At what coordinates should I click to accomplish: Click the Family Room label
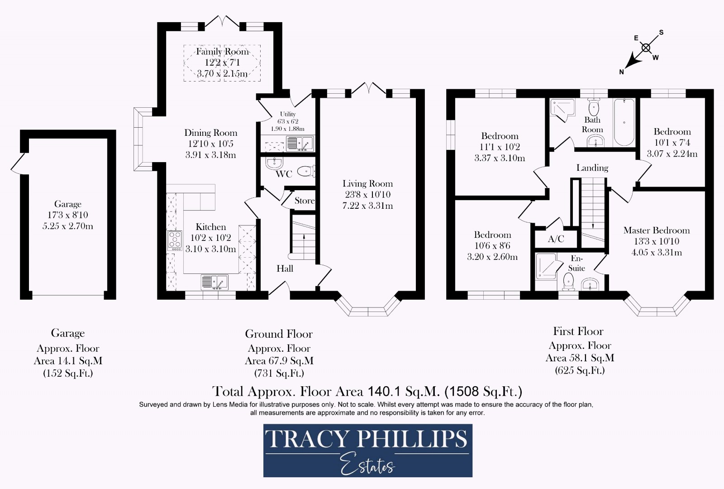pyautogui.click(x=222, y=52)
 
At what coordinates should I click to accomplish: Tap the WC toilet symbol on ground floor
pyautogui.click(x=307, y=171)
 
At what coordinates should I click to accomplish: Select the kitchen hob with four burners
pyautogui.click(x=175, y=240)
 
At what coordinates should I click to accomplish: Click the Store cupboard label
pyautogui.click(x=304, y=201)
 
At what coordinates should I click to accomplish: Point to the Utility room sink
pyautogui.click(x=300, y=144)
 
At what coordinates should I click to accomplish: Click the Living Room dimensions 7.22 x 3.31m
pyautogui.click(x=367, y=206)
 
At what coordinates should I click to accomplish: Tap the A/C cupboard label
pyautogui.click(x=556, y=239)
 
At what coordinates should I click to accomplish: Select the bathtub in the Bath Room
pyautogui.click(x=624, y=122)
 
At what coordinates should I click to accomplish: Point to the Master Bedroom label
pyautogui.click(x=656, y=230)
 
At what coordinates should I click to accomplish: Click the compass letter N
pyautogui.click(x=622, y=72)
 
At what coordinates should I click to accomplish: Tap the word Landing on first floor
pyautogui.click(x=592, y=168)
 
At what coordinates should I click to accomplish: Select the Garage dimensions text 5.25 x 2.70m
pyautogui.click(x=68, y=226)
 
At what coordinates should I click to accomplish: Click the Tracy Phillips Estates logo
pyautogui.click(x=367, y=451)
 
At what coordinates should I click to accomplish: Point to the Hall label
pyautogui.click(x=285, y=268)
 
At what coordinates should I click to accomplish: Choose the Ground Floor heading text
pyautogui.click(x=279, y=334)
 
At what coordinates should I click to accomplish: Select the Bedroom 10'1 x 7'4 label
pyautogui.click(x=672, y=132)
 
